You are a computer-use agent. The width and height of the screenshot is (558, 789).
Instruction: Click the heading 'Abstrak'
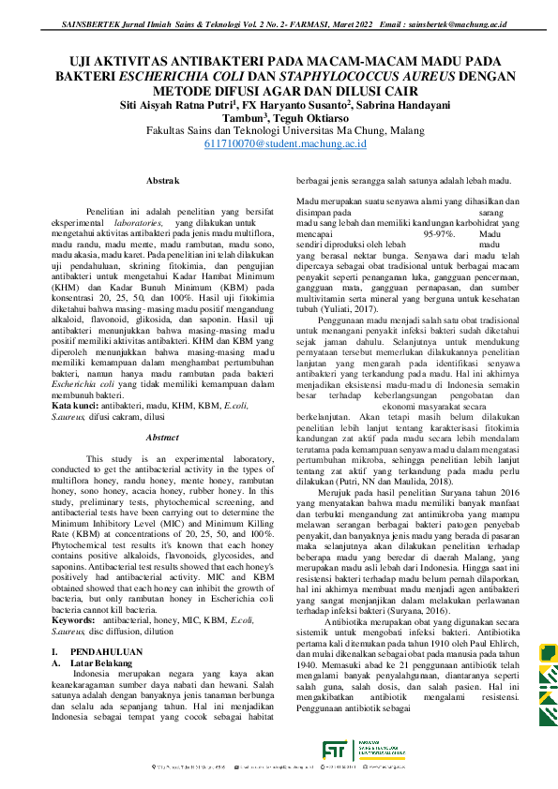click(x=163, y=179)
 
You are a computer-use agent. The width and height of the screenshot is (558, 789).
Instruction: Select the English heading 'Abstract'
click(x=163, y=437)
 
